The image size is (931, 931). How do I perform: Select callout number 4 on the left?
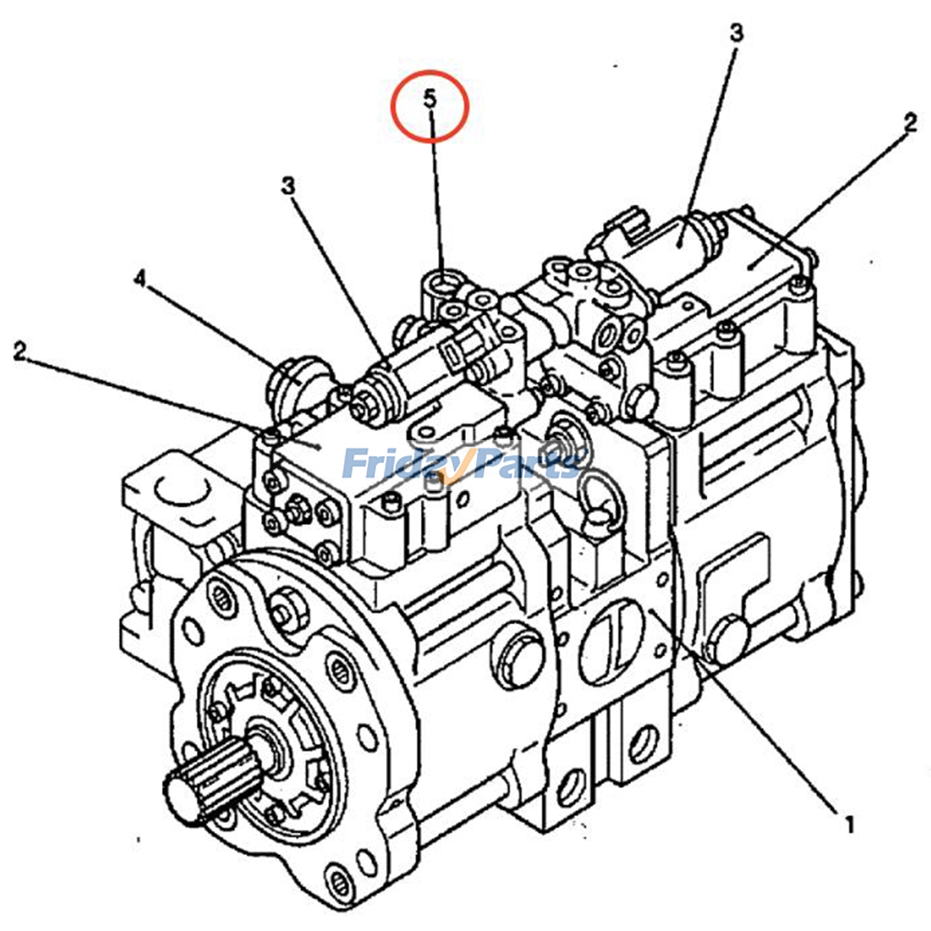[140, 279]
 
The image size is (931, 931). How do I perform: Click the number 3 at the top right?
[737, 33]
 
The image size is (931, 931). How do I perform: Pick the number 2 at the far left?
[20, 351]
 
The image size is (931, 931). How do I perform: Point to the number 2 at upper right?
[909, 122]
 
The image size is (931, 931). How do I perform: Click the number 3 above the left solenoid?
[288, 186]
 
